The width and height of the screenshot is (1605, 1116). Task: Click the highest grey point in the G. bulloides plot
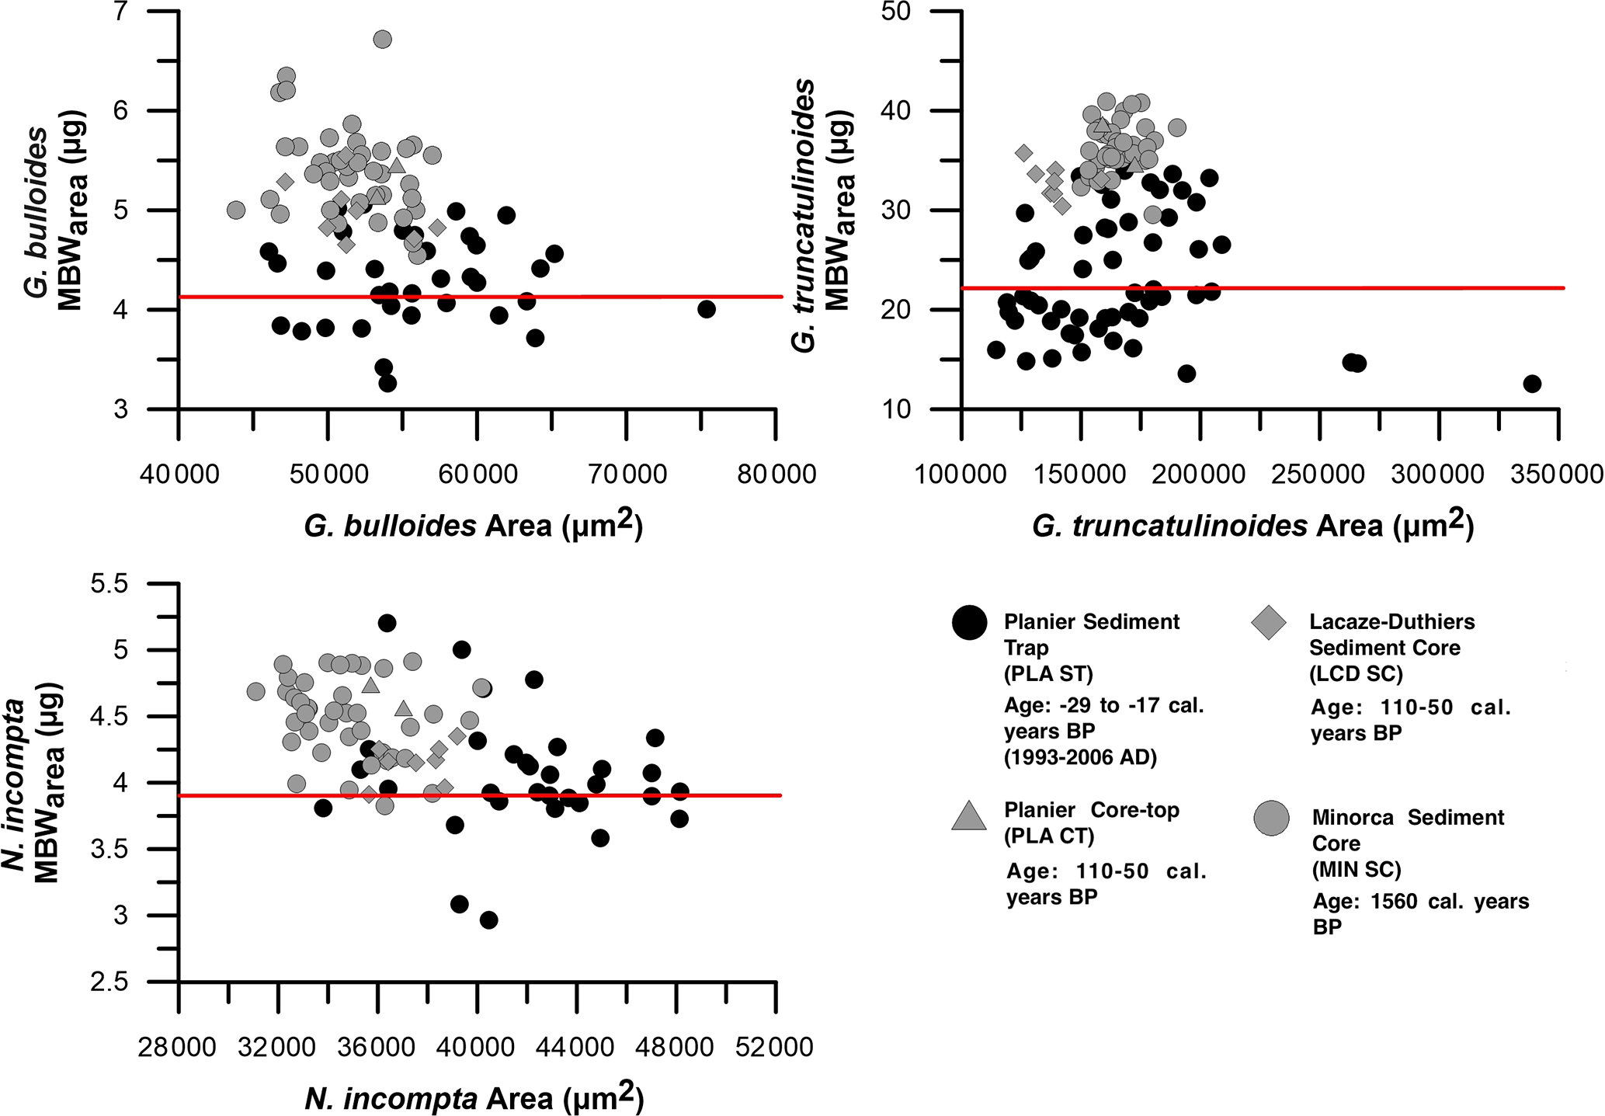click(x=382, y=39)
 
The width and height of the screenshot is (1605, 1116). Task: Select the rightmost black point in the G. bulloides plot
click(x=706, y=309)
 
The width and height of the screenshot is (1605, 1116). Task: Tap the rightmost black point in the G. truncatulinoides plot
click(x=1532, y=384)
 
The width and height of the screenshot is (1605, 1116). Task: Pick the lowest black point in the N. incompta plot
click(x=488, y=920)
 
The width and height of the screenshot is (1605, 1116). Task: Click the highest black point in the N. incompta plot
click(x=387, y=623)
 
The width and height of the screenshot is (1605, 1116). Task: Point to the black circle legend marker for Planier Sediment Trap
click(x=969, y=622)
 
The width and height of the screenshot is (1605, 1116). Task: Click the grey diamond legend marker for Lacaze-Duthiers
click(x=1269, y=622)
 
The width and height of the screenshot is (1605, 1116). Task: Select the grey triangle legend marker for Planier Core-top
click(x=969, y=816)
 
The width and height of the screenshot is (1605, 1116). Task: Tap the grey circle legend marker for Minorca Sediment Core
click(x=1271, y=819)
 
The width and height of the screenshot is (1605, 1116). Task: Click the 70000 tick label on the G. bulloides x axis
click(x=627, y=474)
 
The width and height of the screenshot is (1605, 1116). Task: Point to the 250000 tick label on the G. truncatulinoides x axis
click(x=1318, y=474)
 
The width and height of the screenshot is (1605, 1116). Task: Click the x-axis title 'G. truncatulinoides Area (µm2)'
click(x=1252, y=525)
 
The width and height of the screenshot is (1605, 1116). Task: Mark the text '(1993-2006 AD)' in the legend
click(x=1080, y=757)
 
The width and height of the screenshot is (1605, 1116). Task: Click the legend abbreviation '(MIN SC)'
click(x=1356, y=870)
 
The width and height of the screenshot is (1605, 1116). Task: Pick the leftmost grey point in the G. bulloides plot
click(x=236, y=210)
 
